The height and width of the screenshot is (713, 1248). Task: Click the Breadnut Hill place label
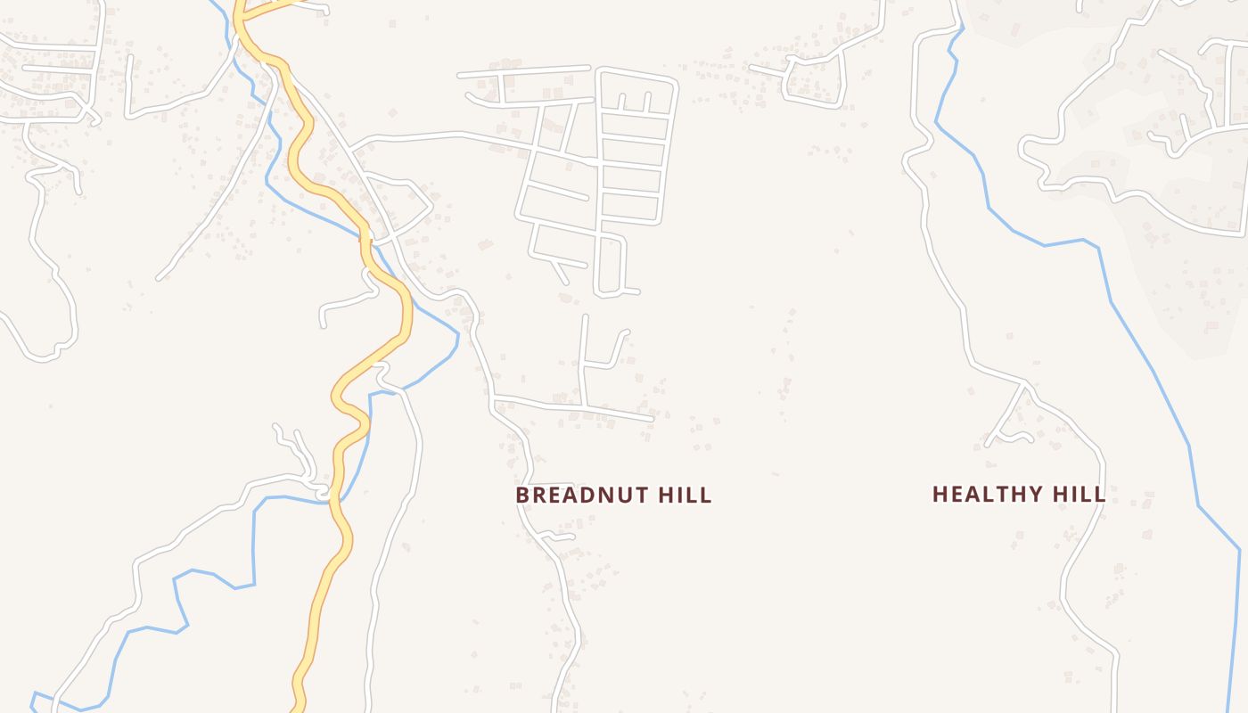point(613,495)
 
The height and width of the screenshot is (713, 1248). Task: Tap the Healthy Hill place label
point(1018,494)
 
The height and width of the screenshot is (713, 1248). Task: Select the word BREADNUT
point(583,495)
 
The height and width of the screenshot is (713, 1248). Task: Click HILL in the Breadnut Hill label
point(685,495)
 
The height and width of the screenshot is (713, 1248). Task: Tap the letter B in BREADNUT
point(522,495)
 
